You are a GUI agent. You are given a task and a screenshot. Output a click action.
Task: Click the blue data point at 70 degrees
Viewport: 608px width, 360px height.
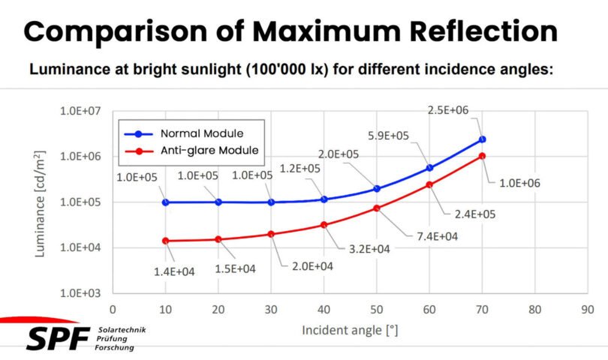[482, 139]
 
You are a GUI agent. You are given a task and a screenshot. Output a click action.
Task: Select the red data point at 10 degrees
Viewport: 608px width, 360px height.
[165, 241]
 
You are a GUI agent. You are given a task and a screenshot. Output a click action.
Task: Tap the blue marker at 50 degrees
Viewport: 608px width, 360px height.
[377, 189]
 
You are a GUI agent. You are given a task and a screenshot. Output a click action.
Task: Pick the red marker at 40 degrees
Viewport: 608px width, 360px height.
[324, 224]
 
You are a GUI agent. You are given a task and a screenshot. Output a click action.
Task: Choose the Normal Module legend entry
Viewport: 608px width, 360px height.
[201, 133]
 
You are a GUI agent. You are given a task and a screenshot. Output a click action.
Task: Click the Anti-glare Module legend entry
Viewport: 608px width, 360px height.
[209, 150]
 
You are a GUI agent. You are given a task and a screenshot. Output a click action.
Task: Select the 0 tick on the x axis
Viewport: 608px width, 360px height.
[113, 309]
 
